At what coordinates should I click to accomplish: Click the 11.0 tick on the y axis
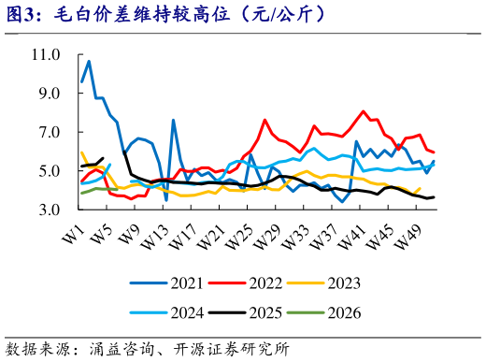tap(45, 55)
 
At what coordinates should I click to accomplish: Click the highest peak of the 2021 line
tap(89, 62)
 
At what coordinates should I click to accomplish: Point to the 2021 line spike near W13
tap(174, 121)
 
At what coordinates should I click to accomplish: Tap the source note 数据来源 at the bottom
tap(148, 349)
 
